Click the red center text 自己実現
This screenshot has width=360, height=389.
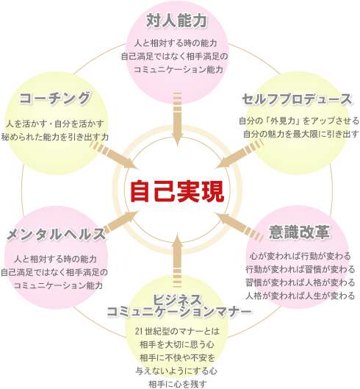point(177,191)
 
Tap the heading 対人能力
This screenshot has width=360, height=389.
point(176,21)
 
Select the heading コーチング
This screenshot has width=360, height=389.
point(55,99)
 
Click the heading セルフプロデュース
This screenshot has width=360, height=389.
point(297,99)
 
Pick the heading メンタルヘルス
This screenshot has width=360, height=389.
point(56,234)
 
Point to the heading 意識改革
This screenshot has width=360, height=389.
point(299,232)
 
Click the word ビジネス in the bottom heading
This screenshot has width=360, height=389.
point(178,299)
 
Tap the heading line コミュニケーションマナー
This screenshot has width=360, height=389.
point(179,311)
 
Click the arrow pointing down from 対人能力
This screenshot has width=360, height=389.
point(177,119)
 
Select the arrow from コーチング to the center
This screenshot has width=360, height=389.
point(113,154)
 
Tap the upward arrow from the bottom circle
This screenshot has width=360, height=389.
point(178,260)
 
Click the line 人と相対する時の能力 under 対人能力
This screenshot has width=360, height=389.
point(176,43)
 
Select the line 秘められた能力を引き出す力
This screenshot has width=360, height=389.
point(55,137)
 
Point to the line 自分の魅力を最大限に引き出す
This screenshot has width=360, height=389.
point(301,134)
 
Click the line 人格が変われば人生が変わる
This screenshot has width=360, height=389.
point(300,296)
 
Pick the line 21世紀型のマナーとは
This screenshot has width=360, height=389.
point(178,331)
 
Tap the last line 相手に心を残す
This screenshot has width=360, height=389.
point(178,384)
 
